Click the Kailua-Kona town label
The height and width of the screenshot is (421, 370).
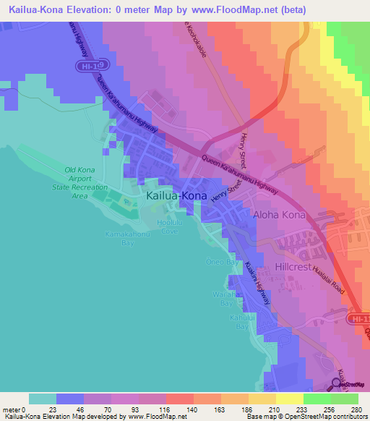click(176, 195)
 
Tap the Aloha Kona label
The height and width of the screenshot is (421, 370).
click(278, 215)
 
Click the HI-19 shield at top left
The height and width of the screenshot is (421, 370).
click(85, 66)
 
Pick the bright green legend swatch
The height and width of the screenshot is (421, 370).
click(317, 399)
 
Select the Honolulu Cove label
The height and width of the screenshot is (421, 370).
click(169, 226)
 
